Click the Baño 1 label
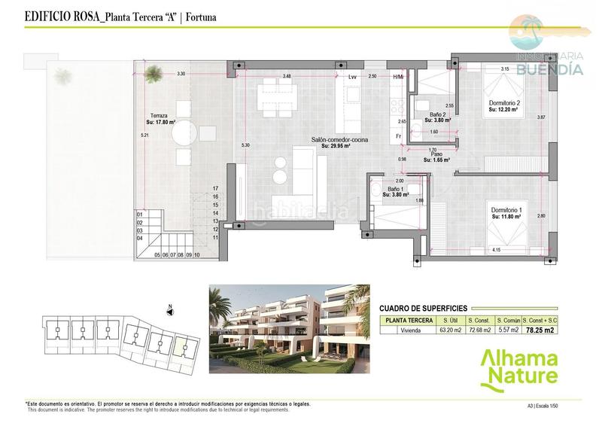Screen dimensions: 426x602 tap(395, 190)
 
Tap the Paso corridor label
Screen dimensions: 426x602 tap(436, 155)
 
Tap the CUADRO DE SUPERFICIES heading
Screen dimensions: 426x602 tap(423, 308)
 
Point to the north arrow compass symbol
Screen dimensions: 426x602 tap(170, 308)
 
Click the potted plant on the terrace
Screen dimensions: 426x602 tap(154, 72)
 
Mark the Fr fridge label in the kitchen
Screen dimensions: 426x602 tap(397, 136)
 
